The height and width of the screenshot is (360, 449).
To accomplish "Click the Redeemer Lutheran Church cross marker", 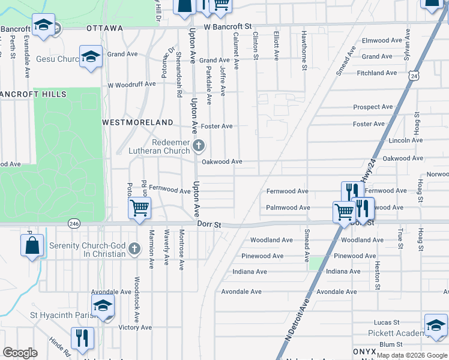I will point(199,145).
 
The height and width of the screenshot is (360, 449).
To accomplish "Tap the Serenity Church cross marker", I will point(134,248).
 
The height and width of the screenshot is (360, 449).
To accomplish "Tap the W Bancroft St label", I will point(227,27).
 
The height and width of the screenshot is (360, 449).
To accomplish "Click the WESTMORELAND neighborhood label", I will point(137,122).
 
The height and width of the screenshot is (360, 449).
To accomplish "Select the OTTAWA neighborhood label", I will point(104,28).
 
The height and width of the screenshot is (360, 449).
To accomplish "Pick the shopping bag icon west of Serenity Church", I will point(32,246).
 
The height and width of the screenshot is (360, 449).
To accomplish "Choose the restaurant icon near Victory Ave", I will point(82,338).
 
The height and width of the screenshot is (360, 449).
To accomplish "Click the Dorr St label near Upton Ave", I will point(209,224).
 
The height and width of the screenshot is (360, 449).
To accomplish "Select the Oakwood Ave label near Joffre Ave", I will point(221,161).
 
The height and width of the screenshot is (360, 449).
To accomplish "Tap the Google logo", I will point(20,353).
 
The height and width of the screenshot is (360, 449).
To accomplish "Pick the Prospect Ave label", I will point(373,107).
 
